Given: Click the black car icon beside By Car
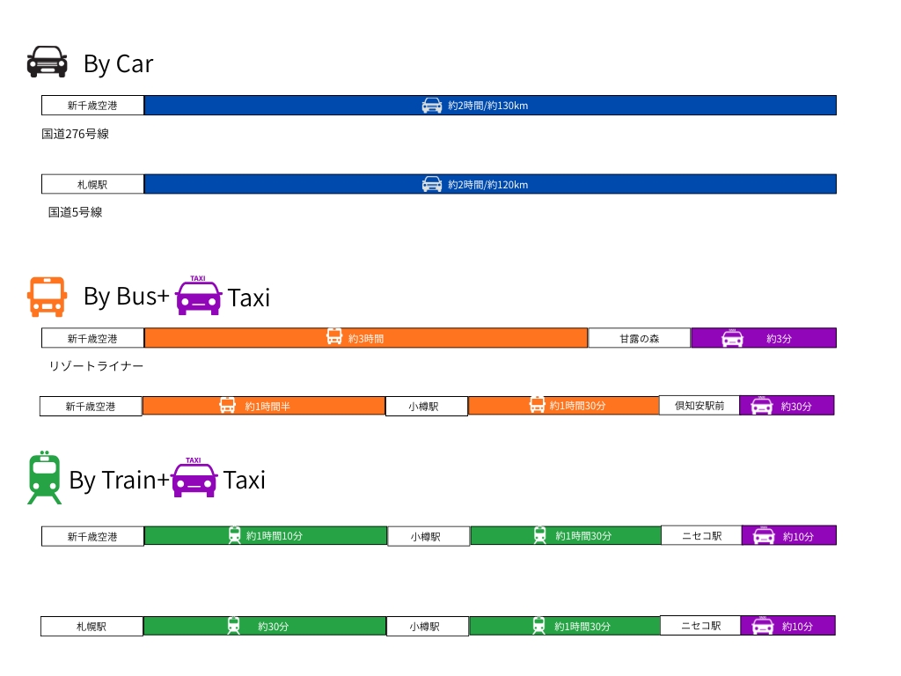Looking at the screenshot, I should [47, 62].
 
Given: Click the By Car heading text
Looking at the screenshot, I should [118, 63].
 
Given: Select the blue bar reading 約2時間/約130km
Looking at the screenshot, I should [489, 106].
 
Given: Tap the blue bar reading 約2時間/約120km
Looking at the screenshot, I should [489, 184].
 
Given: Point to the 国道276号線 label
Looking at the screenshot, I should [76, 134].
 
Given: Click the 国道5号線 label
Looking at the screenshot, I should [76, 212].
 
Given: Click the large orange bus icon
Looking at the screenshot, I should [47, 297].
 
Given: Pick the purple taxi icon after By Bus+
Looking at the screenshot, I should [198, 296].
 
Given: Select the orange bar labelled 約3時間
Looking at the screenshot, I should [365, 338].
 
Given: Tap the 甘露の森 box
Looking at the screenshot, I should [639, 338].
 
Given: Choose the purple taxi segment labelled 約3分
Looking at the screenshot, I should [763, 338].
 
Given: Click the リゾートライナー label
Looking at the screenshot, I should [96, 366].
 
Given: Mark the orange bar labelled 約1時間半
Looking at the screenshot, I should [263, 406].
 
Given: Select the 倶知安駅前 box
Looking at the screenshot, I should [700, 406].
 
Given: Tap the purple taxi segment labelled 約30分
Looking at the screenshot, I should [787, 406].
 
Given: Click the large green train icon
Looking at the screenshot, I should [45, 478].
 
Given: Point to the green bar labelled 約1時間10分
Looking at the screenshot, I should [265, 535].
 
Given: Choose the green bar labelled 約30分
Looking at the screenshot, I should [264, 626].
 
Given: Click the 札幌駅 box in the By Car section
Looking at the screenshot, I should [92, 184].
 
